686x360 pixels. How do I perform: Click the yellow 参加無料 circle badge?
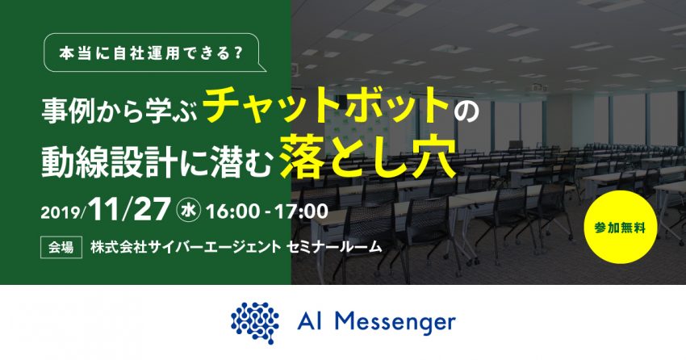(621, 227)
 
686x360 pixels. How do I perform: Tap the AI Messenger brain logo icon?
(255, 323)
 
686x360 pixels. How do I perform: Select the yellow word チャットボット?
(326, 105)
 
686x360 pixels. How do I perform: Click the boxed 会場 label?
(61, 248)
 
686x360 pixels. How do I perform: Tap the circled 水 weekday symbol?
(188, 211)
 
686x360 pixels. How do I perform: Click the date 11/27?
(128, 210)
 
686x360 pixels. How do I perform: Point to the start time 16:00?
(232, 211)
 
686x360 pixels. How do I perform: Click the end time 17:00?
(302, 211)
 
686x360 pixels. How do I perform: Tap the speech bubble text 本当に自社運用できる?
(151, 53)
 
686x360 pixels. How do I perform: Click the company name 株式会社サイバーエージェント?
(186, 247)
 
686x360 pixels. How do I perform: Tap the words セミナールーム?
(334, 247)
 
